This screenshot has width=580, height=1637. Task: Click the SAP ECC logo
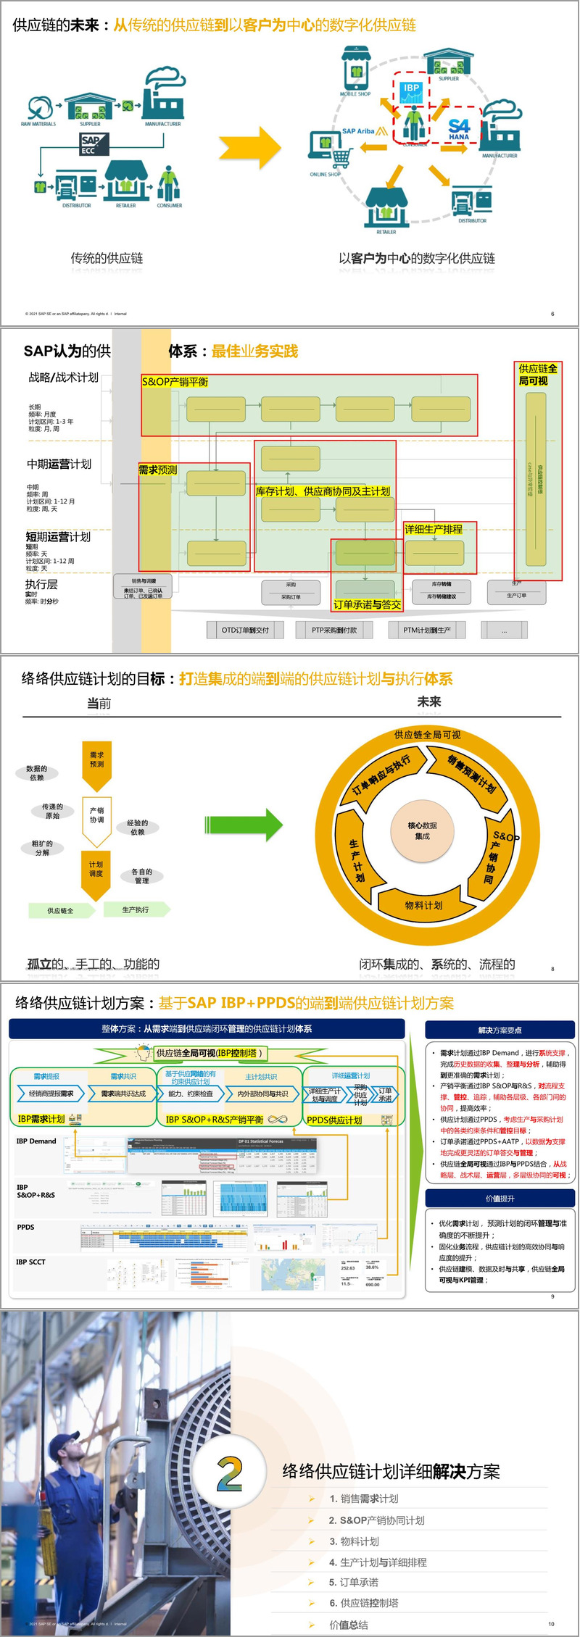pyautogui.click(x=92, y=144)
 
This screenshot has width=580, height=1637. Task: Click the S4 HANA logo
pyautogui.click(x=459, y=130)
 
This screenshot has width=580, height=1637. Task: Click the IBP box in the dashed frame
pyautogui.click(x=411, y=91)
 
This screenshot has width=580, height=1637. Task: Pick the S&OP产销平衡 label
pyautogui.click(x=175, y=382)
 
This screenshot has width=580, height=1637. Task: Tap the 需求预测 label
pyautogui.click(x=157, y=470)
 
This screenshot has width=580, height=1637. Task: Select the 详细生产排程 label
pyautogui.click(x=433, y=529)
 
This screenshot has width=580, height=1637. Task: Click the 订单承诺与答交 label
pyautogui.click(x=367, y=604)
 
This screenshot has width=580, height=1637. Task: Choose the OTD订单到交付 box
pyautogui.click(x=245, y=630)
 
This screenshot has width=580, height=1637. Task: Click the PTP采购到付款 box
pyautogui.click(x=334, y=630)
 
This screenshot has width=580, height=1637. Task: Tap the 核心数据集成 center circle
pyautogui.click(x=423, y=830)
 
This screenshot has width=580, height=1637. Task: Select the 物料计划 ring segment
pyautogui.click(x=423, y=905)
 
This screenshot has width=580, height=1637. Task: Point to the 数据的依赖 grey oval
pyautogui.click(x=36, y=773)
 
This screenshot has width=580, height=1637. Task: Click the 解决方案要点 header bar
pyautogui.click(x=500, y=1030)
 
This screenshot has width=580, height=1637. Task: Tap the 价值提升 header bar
pyautogui.click(x=500, y=1199)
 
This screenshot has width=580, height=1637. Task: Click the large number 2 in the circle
pyautogui.click(x=230, y=1473)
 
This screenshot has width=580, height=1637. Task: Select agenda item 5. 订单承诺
pyautogui.click(x=354, y=1582)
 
